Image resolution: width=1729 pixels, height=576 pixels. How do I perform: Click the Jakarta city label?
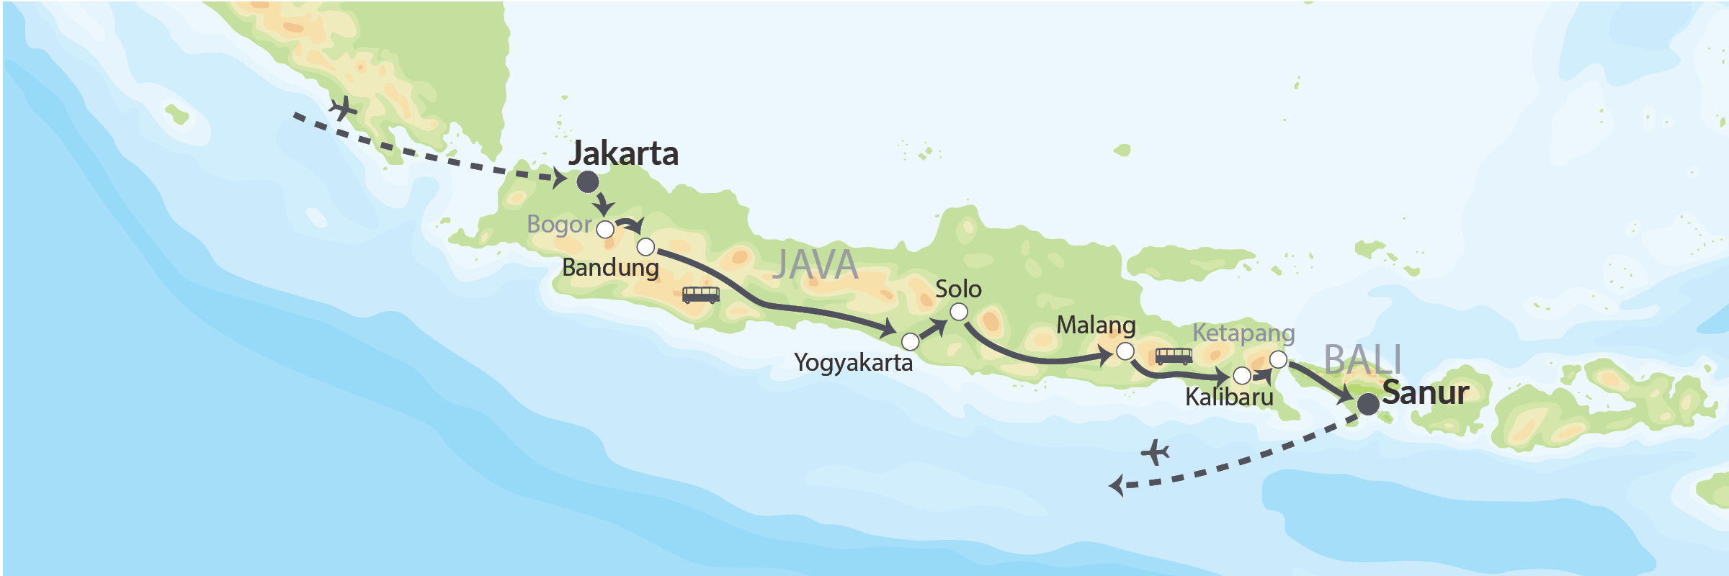coord(623,153)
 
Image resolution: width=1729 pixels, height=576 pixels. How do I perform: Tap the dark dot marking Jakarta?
coord(588,182)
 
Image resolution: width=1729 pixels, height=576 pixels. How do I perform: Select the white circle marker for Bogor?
coord(606,230)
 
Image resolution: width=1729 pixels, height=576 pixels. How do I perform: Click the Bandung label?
coord(610,268)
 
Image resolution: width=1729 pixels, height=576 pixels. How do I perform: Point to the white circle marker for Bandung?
coord(646,248)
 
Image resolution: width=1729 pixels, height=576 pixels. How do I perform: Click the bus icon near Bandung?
coord(700,294)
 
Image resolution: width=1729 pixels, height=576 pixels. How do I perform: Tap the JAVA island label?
coord(815,265)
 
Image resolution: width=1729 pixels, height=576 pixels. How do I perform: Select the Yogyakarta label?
coord(853,362)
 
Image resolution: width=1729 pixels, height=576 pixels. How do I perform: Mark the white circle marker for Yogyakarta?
coord(911,341)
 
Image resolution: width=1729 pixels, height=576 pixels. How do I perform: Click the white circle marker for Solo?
coord(959,312)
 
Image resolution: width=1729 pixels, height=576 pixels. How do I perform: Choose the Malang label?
coord(1096,325)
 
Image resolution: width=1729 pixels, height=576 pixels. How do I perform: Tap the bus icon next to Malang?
coord(1174,356)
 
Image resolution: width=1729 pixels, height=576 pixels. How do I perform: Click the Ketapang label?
coord(1243,333)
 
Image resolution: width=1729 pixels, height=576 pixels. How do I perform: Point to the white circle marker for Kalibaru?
coord(1242,376)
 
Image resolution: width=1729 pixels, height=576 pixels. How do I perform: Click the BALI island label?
coord(1362,359)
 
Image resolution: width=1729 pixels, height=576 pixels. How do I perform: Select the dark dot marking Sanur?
coord(1368,405)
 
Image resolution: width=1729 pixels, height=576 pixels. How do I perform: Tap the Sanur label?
coord(1425,393)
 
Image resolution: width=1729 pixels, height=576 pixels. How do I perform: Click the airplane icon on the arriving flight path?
coord(344,109)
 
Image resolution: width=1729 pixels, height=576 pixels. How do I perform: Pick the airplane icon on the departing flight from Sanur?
coord(1155,453)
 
